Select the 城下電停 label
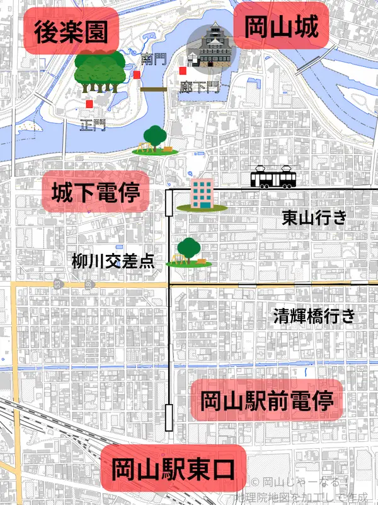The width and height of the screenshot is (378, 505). [96, 192]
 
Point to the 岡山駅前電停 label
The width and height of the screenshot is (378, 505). [266, 400]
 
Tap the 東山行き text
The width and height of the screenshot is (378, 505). [314, 218]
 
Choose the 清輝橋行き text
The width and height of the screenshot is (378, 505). [314, 316]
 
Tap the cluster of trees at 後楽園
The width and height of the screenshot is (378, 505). [98, 71]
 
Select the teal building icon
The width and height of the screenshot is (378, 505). [202, 194]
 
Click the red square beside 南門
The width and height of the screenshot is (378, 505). [137, 75]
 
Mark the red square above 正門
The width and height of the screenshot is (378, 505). [89, 104]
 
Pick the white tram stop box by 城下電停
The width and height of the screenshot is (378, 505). [169, 206]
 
